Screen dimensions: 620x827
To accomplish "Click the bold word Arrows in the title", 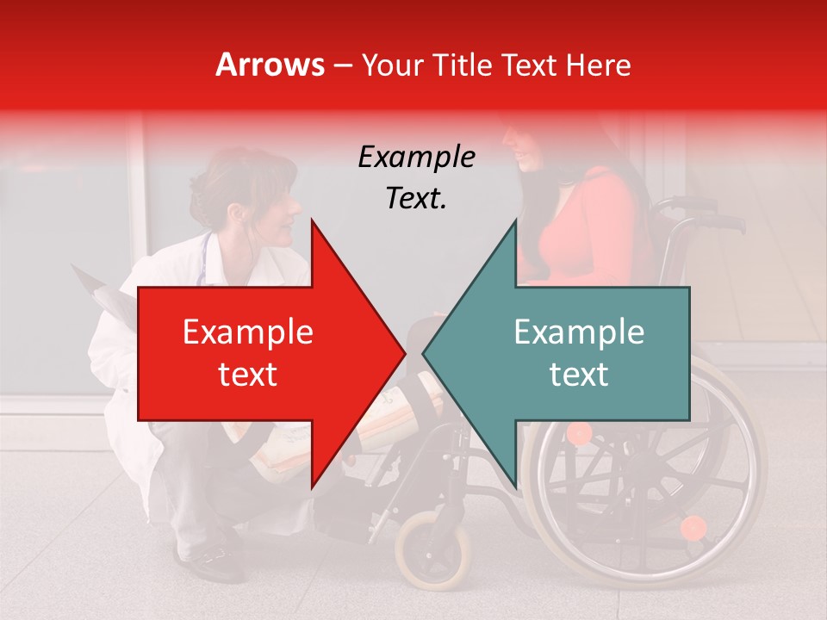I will pyautogui.click(x=270, y=65).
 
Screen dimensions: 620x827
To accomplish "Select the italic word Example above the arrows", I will pyautogui.click(x=417, y=158).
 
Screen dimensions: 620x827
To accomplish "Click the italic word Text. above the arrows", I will pyautogui.click(x=417, y=199).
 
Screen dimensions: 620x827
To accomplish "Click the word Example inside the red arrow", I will pyautogui.click(x=248, y=332).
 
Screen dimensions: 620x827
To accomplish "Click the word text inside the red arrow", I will pyautogui.click(x=248, y=375).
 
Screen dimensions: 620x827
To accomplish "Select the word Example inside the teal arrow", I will pyautogui.click(x=579, y=332).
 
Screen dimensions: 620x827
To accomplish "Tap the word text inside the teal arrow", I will pyautogui.click(x=579, y=375).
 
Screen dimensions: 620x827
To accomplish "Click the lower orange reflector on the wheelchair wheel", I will pyautogui.click(x=693, y=527).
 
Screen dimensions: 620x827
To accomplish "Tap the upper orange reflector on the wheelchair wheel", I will pyautogui.click(x=580, y=433).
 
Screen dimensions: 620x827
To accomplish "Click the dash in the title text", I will pyautogui.click(x=344, y=66).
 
